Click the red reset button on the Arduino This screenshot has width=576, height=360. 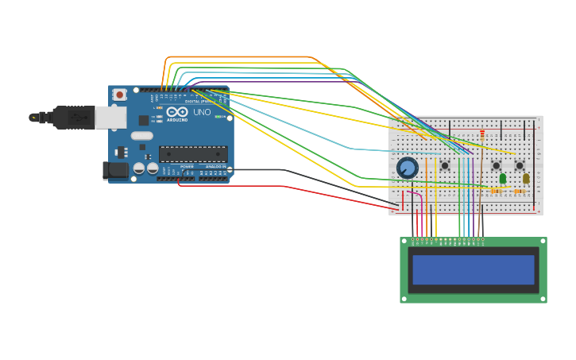119,95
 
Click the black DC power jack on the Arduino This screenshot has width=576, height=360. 116,169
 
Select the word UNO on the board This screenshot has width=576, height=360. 202,112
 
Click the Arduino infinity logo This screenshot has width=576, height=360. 177,112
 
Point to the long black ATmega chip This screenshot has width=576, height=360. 192,154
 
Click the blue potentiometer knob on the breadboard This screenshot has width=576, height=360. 407,168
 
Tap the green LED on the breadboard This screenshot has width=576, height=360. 503,178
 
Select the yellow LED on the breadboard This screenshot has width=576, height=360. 526,178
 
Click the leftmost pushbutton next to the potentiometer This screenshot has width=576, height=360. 445,165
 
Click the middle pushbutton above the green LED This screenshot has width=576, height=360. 496,165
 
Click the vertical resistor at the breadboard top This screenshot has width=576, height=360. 482,135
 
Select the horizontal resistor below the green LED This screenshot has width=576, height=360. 497,191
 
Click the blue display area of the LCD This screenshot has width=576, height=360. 473,269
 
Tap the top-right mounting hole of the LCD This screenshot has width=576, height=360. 543,241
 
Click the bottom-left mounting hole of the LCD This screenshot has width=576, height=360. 404,299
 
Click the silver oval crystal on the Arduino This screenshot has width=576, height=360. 142,136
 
